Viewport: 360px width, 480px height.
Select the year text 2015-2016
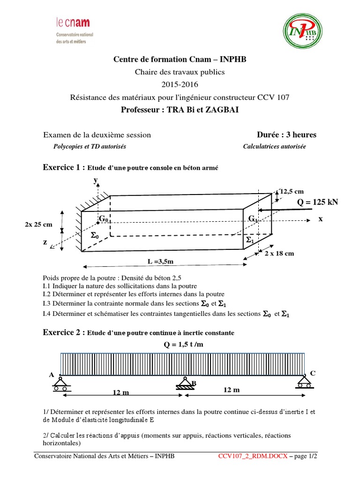[x=180, y=85]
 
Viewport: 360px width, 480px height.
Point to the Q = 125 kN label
[x=318, y=202]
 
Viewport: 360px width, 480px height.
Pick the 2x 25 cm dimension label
[x=38, y=225]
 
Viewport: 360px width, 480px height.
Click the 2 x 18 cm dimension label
[x=279, y=254]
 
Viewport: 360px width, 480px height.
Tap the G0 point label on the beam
[x=103, y=219]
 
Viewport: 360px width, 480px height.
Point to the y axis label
[x=95, y=180]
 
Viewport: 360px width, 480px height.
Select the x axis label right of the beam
[x=321, y=219]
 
